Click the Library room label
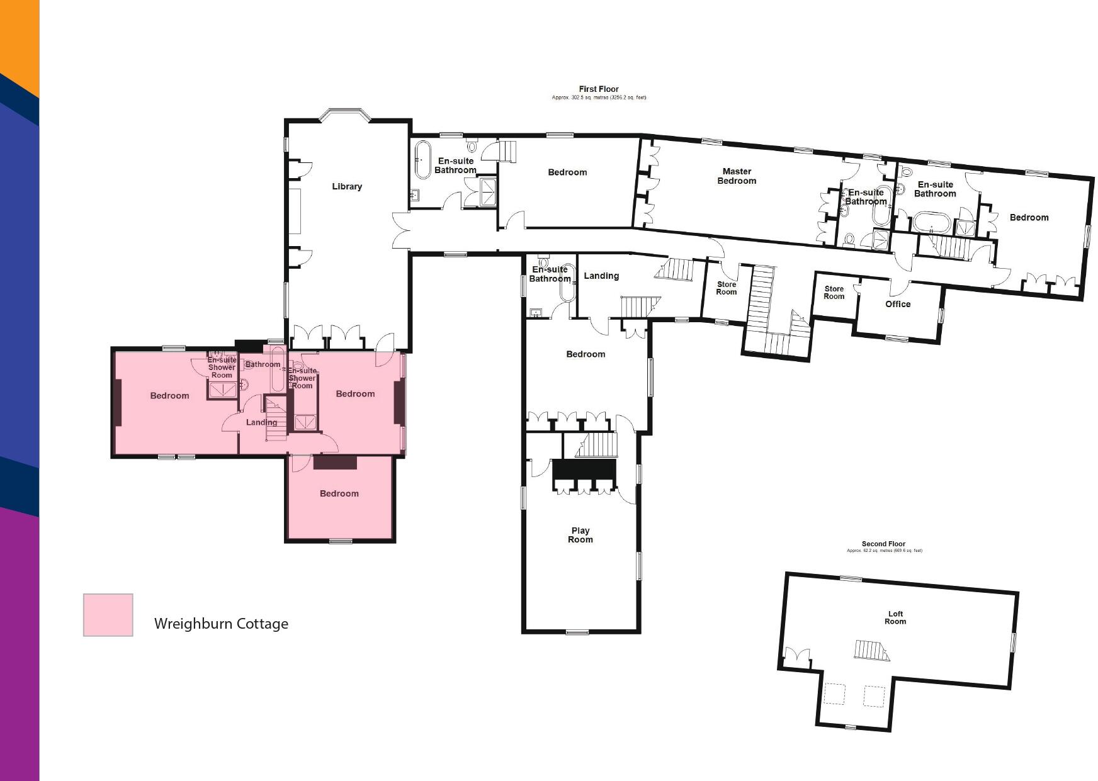[347, 186]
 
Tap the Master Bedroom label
[737, 176]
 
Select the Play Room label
[580, 535]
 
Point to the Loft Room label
[895, 617]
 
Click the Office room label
[898, 304]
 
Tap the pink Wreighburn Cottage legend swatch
[108, 615]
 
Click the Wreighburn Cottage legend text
[221, 624]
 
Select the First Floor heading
[599, 89]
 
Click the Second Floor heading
[883, 544]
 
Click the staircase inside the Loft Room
[869, 649]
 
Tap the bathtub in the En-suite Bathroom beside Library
[422, 160]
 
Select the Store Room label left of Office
[834, 293]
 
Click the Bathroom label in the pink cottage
[263, 364]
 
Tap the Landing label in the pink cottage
[261, 422]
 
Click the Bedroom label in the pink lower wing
[339, 493]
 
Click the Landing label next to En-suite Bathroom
[601, 276]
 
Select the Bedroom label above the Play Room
[586, 354]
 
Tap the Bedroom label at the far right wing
[1029, 218]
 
